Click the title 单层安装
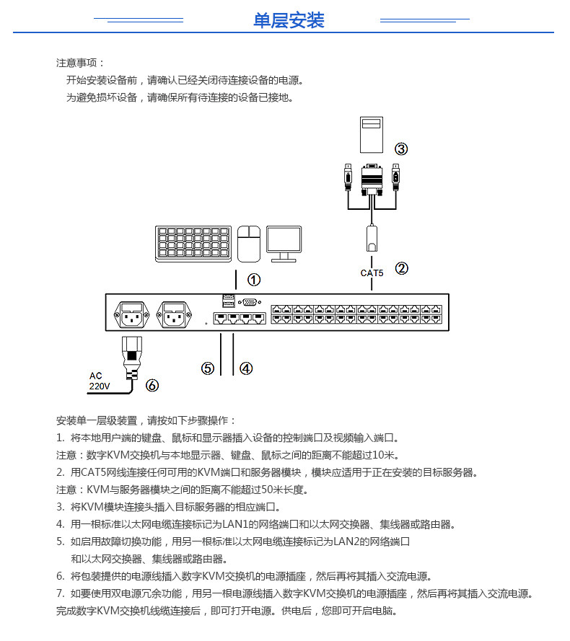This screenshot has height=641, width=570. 289,20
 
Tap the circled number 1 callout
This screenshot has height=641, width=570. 254,279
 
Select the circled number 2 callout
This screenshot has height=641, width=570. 402,268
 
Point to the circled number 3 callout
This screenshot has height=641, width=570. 401,149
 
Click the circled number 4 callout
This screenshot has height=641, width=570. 246,368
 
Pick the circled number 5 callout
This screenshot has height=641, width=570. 208,368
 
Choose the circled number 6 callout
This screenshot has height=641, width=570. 152,385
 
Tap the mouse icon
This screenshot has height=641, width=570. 249,243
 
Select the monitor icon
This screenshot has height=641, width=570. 284,244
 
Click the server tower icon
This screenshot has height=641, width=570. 371,134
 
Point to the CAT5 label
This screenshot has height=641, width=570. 372,273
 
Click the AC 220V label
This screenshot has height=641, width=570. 99,381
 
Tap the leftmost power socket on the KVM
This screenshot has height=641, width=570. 131,314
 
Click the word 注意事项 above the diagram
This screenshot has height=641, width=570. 81,63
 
